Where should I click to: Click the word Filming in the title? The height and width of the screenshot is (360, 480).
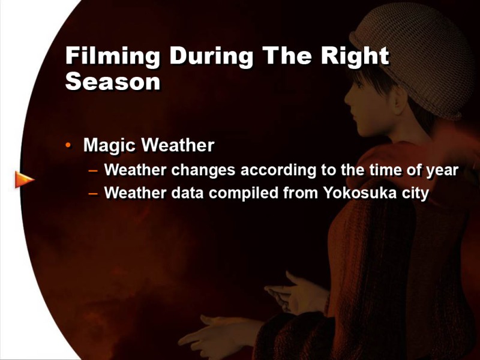[113, 56]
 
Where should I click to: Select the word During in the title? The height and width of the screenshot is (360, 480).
[212, 56]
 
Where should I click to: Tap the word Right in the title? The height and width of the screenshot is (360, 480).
[355, 56]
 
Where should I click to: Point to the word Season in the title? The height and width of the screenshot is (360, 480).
[113, 81]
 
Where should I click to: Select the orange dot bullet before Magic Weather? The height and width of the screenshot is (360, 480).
[68, 145]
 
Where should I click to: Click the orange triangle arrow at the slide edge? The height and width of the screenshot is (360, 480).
[25, 179]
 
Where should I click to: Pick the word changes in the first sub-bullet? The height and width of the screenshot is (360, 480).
[203, 170]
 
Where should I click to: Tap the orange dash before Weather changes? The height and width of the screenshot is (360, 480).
[93, 171]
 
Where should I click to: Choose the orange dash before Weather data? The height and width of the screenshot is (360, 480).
[93, 194]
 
